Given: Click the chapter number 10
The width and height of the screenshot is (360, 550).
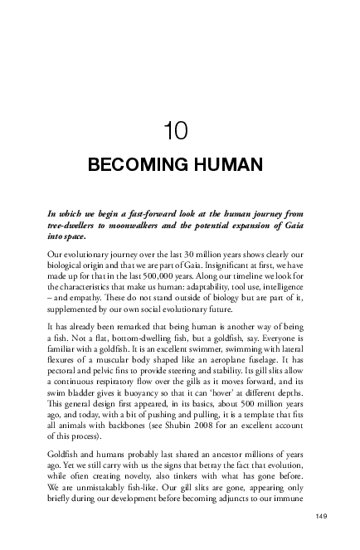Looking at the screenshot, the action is pyautogui.click(x=179, y=130).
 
